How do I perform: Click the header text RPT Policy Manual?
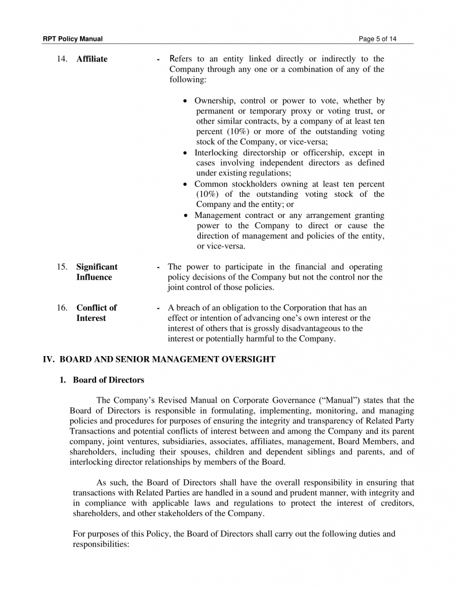(x=72, y=39)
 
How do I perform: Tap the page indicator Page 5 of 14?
(x=377, y=39)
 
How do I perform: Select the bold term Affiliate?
(x=91, y=59)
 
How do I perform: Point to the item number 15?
(x=62, y=267)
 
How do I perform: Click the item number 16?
(x=62, y=308)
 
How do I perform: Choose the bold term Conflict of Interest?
(x=96, y=313)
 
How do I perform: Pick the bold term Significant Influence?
(x=97, y=272)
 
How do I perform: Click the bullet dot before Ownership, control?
(x=185, y=101)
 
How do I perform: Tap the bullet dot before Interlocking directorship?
(x=185, y=154)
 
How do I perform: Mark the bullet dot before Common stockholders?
(x=185, y=185)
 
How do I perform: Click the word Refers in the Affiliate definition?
(x=183, y=59)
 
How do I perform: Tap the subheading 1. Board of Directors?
(x=102, y=380)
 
